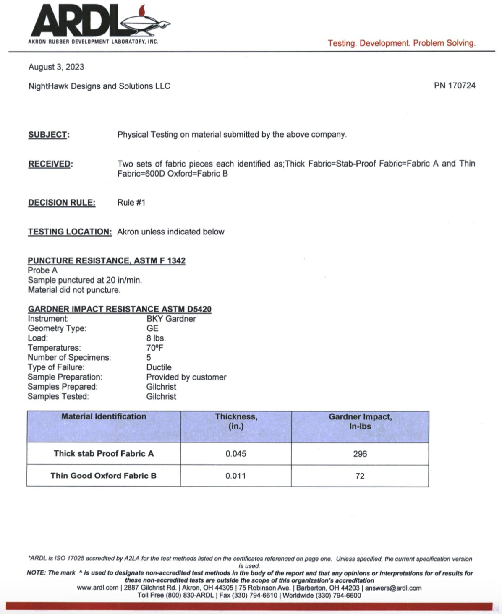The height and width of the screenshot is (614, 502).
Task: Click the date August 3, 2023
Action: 56,67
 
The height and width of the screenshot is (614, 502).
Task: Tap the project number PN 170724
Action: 455,86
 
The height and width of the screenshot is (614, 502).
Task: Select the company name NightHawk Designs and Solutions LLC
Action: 99,86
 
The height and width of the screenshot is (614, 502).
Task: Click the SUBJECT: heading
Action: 49,135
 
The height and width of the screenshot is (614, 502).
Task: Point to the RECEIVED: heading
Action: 50,164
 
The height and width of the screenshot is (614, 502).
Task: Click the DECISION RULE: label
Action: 62,203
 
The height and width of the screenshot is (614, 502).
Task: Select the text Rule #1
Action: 131,203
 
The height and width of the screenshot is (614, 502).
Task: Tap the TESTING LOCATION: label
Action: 70,232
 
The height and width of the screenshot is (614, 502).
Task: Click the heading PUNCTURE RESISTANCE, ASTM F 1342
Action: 107,260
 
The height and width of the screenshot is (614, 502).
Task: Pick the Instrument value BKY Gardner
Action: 171,319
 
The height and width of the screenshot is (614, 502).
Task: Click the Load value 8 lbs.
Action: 156,338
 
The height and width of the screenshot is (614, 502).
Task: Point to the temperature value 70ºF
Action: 155,348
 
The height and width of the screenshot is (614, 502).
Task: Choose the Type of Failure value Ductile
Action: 159,367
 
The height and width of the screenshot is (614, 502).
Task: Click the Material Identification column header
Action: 104,416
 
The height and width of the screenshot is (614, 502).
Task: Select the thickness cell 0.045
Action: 236,454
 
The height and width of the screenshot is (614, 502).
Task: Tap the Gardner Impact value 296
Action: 360,454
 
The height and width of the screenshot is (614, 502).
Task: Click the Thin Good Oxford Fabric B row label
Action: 104,476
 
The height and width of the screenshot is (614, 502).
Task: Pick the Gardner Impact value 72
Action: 360,476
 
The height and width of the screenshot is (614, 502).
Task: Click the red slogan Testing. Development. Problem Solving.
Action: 402,43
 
